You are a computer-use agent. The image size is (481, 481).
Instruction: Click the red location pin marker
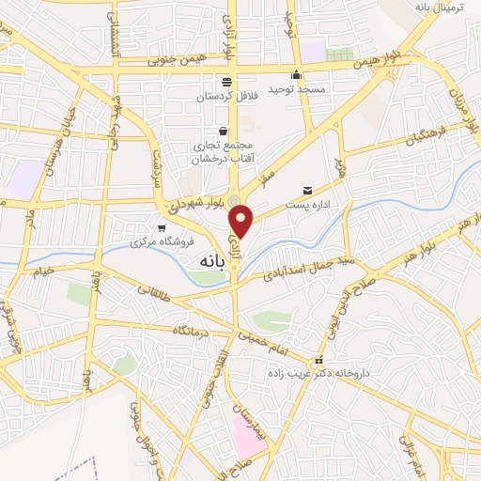coord(242,221)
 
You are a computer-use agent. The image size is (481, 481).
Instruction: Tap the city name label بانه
coord(209,262)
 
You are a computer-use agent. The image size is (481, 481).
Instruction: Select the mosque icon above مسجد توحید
coord(297,75)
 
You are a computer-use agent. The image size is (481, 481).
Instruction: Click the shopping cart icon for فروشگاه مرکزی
coord(162,227)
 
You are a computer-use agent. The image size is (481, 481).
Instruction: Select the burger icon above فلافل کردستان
coord(225,82)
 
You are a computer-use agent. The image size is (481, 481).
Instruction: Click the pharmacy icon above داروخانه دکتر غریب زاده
coord(319,361)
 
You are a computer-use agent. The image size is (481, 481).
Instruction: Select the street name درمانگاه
coord(193,332)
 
